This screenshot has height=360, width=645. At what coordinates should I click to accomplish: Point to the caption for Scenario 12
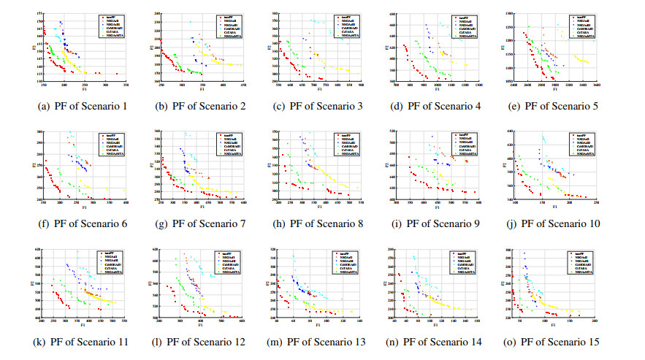point(201,342)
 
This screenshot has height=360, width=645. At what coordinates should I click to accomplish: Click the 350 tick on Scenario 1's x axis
point(120,85)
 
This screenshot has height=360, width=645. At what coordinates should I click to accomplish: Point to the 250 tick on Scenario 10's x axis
point(597,202)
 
